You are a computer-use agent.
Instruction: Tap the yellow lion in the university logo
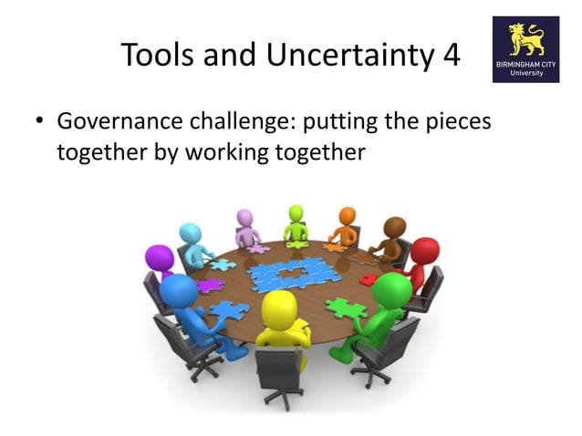[526, 38]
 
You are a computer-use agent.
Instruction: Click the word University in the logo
[526, 75]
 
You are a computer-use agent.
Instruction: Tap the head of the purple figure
[160, 257]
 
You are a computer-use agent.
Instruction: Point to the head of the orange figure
[348, 216]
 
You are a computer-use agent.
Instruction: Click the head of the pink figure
[244, 217]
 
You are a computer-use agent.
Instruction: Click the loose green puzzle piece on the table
[346, 308]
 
